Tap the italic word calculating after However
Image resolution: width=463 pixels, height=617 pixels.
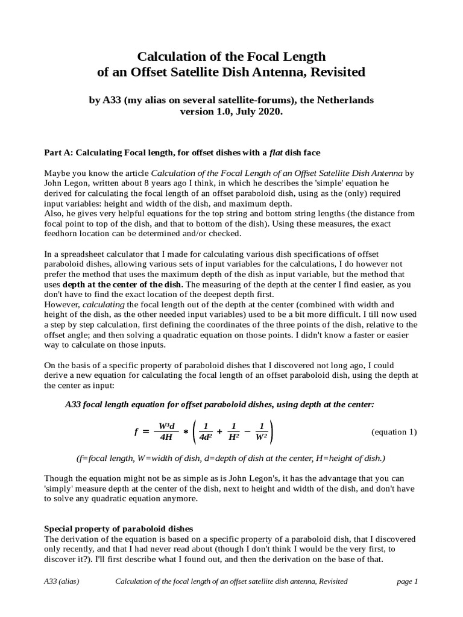tap(102, 305)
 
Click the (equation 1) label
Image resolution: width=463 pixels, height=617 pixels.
tap(394, 432)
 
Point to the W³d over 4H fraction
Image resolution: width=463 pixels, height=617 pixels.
tap(167, 432)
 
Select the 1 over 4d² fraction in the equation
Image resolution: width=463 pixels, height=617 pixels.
tap(206, 432)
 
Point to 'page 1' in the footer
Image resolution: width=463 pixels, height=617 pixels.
tap(407, 581)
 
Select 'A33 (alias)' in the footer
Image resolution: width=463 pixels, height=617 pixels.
tap(62, 581)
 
